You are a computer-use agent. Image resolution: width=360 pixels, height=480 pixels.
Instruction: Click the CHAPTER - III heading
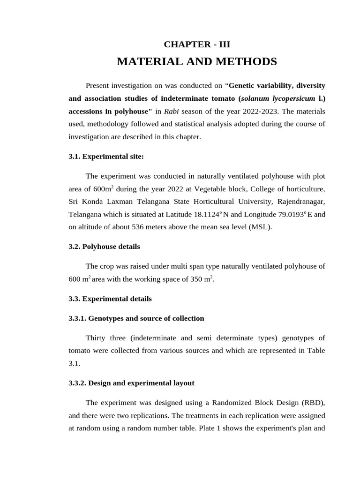pos(197,45)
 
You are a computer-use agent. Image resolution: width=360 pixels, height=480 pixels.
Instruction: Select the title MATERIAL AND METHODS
pos(197,61)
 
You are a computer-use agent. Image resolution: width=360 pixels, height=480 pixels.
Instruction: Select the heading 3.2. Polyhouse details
pos(104,246)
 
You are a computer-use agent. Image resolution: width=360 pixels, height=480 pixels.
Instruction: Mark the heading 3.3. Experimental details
pos(110,298)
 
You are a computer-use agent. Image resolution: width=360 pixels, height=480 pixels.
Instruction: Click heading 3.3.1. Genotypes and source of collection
pos(136,318)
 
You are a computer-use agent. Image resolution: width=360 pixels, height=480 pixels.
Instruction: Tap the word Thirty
pos(97,338)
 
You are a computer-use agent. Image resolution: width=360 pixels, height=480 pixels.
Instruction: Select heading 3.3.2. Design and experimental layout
pos(131,383)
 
